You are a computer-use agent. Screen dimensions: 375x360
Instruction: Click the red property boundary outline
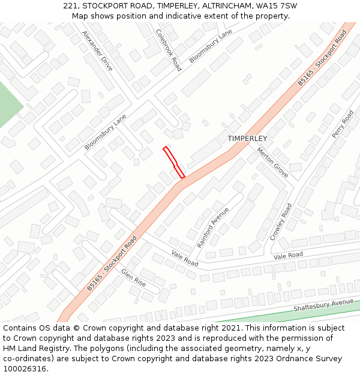173,162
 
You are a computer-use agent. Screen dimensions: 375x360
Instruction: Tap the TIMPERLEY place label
247,139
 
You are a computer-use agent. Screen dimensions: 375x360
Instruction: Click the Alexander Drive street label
97,50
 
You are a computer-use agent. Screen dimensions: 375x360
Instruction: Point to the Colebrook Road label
169,50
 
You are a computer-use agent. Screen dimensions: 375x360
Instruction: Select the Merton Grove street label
272,163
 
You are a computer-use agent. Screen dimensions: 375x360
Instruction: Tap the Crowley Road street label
281,221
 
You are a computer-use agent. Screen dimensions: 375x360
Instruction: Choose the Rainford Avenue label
213,228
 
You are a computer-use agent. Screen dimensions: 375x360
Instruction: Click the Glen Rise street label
133,277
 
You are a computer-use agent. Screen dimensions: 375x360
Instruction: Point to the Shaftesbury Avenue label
323,305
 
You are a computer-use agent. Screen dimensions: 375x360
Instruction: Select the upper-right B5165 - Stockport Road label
323,58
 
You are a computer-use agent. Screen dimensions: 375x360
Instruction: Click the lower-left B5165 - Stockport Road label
112,263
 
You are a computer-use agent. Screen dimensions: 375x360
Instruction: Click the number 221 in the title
70,6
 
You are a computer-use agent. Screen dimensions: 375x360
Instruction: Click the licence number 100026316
25,369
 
